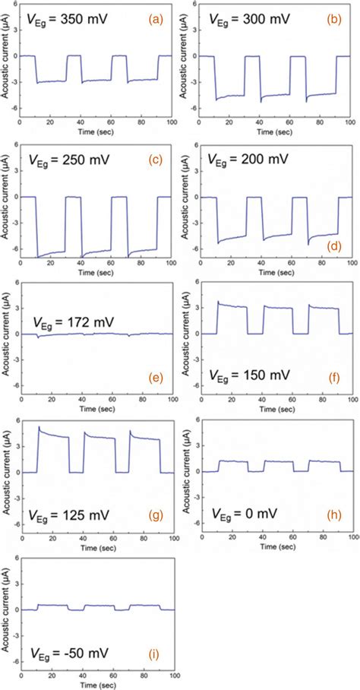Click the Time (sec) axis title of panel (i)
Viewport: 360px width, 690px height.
tap(97, 685)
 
